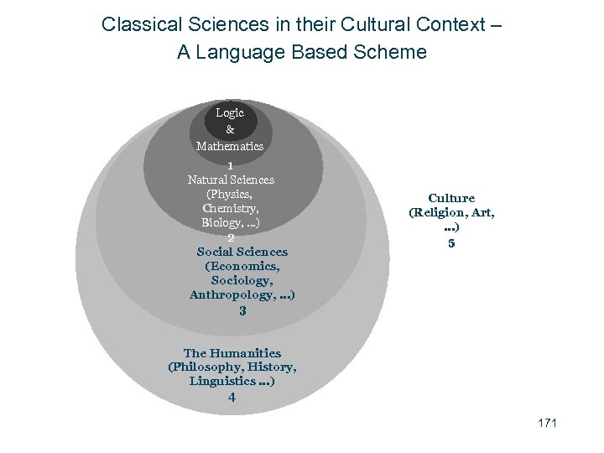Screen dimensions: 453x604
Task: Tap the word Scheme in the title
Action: (393, 52)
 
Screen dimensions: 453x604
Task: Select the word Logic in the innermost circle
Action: (230, 112)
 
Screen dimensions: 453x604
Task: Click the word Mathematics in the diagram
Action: (230, 146)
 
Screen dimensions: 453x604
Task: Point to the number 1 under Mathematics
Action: (230, 165)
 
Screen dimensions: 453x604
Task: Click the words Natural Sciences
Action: (231, 180)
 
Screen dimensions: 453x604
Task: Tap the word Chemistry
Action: (231, 207)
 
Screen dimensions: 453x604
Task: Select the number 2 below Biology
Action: (231, 237)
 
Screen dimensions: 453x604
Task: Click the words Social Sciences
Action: (242, 252)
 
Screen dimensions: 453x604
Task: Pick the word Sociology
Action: (242, 280)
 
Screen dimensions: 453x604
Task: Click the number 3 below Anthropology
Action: (242, 310)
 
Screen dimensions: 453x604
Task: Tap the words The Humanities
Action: (232, 353)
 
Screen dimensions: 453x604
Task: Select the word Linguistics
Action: (221, 381)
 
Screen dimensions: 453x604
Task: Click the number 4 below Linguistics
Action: (232, 398)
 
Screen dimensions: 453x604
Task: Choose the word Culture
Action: (451, 198)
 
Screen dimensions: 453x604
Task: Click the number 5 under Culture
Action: (451, 243)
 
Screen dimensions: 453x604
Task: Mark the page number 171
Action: (547, 423)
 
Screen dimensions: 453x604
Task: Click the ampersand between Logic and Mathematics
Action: (230, 129)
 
